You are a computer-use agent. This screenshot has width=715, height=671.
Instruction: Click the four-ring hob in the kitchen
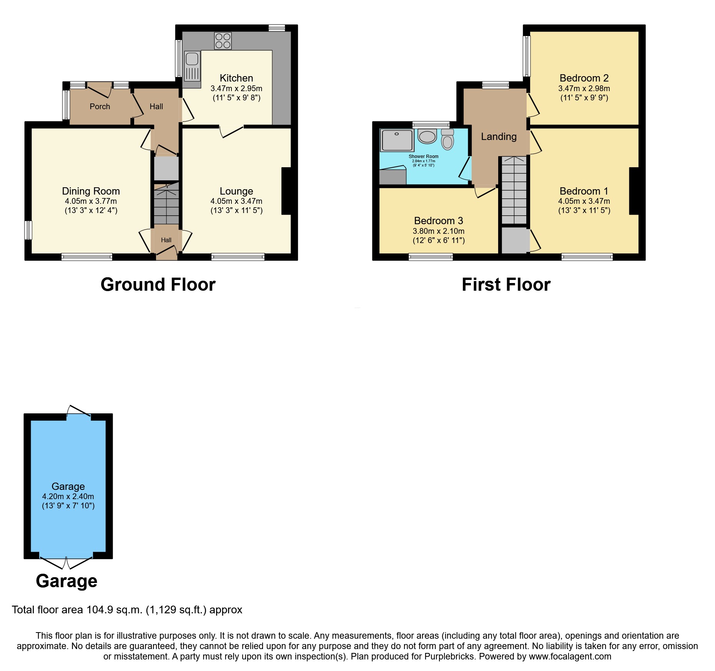(223, 41)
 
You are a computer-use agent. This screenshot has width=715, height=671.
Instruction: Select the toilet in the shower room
(447, 140)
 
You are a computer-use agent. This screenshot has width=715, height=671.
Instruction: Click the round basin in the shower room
(427, 136)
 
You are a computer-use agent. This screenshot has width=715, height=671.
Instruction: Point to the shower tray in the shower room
(397, 140)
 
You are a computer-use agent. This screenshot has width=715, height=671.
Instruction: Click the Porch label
(100, 107)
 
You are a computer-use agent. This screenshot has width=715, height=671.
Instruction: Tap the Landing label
(499, 137)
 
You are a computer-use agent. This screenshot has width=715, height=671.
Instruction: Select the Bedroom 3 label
(438, 221)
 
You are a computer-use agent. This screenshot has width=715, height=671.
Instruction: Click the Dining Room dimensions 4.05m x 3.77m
(91, 201)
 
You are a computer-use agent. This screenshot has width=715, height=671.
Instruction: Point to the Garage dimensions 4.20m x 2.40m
(68, 496)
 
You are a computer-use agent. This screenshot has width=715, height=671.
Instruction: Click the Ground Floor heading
(158, 285)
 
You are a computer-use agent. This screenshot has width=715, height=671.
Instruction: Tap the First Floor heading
(506, 285)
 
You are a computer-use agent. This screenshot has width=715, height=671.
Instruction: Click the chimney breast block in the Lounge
(286, 191)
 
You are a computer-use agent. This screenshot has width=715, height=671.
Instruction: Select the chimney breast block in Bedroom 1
(634, 191)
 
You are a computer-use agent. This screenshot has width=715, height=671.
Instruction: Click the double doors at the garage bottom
(66, 562)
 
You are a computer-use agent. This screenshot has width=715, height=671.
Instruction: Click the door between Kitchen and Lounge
(231, 131)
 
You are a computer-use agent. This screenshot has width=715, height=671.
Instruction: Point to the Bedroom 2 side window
(527, 56)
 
